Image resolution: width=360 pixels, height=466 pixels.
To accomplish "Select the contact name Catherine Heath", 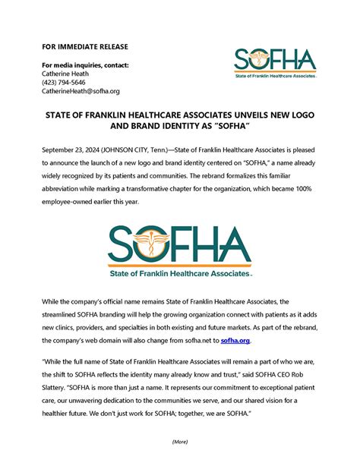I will click(x=66, y=74).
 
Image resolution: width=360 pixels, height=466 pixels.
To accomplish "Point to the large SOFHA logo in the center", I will click(x=180, y=245).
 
